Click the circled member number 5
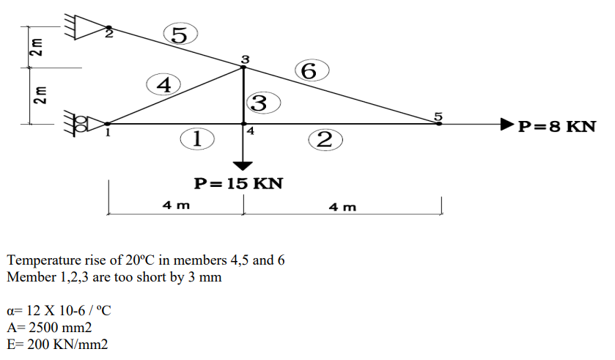coord(180,34)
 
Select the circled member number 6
coord(310,71)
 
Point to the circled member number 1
coord(196,138)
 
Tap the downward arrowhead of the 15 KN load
coord(244,164)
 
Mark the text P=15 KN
coord(237,183)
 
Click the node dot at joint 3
coord(244,67)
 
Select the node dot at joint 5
coord(439,123)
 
